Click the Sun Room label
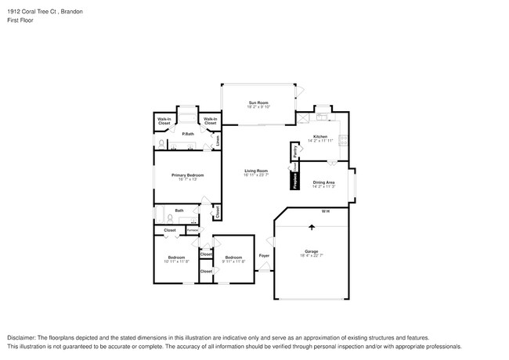(258, 103)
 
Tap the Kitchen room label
(320, 136)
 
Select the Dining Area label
(324, 182)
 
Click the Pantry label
(295, 150)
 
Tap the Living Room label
(256, 171)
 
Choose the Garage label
(312, 250)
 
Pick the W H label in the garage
(325, 211)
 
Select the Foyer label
(264, 255)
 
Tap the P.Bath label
(188, 134)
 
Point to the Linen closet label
(217, 142)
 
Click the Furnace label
(192, 229)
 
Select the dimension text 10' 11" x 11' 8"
(177, 261)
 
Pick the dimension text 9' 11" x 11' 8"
(234, 261)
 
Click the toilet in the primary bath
(161, 144)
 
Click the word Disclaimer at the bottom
(23, 337)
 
